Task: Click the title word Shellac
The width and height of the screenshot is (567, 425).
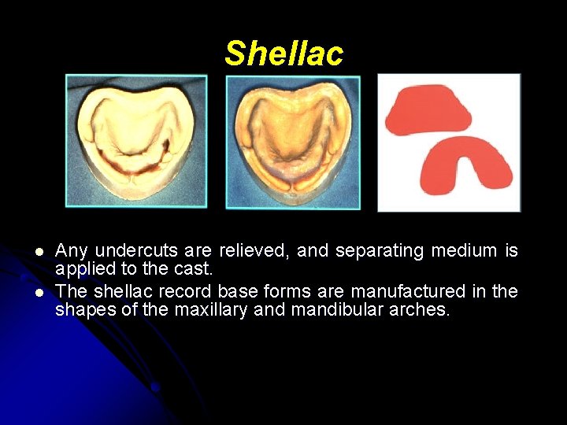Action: (x=283, y=54)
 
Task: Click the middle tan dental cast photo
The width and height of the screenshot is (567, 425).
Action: (x=293, y=142)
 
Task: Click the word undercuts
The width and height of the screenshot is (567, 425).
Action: (x=129, y=251)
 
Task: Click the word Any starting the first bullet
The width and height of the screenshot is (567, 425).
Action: (x=72, y=252)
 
